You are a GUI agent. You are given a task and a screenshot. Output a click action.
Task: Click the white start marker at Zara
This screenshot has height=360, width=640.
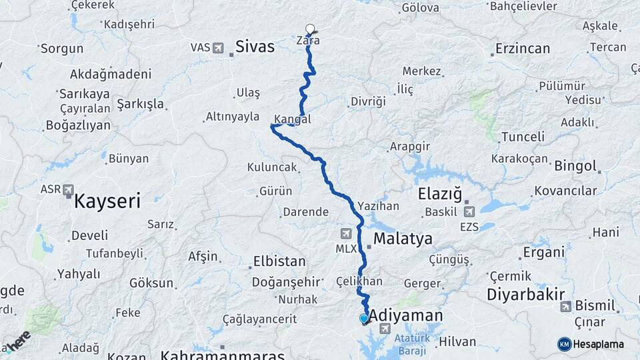pyautogui.click(x=310, y=29)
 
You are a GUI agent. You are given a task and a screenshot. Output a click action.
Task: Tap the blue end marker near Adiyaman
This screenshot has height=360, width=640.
pyautogui.click(x=363, y=319)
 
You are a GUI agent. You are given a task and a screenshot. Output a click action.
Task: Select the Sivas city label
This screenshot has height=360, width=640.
pyautogui.click(x=255, y=47)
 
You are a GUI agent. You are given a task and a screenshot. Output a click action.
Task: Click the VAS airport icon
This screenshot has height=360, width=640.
pyautogui.click(x=218, y=47)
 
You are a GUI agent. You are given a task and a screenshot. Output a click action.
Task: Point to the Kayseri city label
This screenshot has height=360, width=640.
pyautogui.click(x=107, y=200)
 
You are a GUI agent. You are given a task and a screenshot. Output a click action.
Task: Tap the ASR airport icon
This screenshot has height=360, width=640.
pyautogui.click(x=68, y=191)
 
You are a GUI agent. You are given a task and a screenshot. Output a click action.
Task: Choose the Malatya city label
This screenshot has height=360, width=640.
pyautogui.click(x=403, y=239)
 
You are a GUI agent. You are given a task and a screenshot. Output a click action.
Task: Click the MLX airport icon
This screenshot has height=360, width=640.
pyautogui.click(x=346, y=233)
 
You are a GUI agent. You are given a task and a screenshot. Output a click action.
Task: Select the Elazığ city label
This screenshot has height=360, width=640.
pyautogui.click(x=439, y=194)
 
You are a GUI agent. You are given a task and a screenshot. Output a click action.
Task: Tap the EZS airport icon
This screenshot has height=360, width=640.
pyautogui.click(x=469, y=212)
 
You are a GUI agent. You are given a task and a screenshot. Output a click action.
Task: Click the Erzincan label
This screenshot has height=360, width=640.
pyautogui.click(x=523, y=49)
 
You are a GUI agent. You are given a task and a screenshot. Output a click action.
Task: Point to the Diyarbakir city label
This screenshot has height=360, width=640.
pyautogui.click(x=526, y=295)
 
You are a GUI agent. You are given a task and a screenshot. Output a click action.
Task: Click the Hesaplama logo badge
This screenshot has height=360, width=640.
pyautogui.click(x=591, y=344)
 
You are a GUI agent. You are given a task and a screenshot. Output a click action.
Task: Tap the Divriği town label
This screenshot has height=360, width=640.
pyautogui.click(x=367, y=102)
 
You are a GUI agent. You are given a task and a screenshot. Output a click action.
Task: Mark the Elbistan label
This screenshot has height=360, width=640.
pyautogui.click(x=279, y=262)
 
